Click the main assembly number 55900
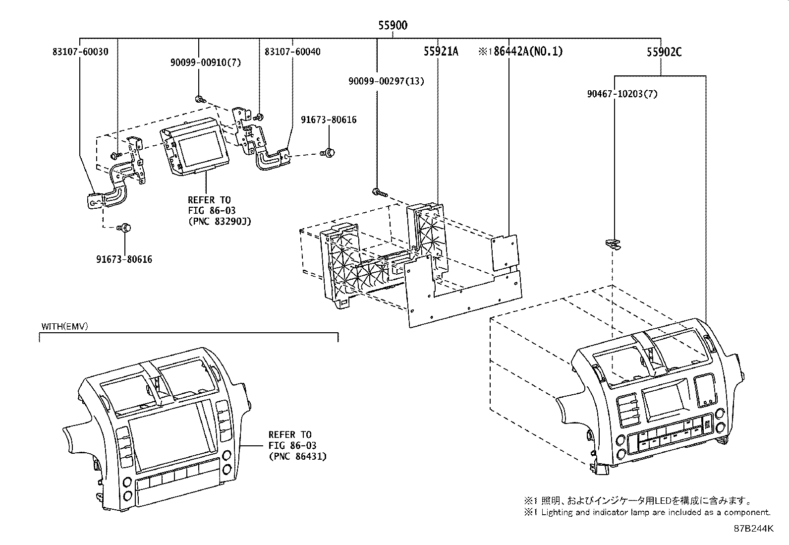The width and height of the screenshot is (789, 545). (393, 25)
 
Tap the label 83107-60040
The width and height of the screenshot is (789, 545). (292, 51)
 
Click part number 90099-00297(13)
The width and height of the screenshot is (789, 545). (386, 81)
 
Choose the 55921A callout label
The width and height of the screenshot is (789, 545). (441, 51)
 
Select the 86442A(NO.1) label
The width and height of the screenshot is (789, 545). (520, 51)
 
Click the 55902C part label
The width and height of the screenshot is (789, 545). (664, 51)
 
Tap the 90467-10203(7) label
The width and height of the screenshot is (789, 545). (622, 94)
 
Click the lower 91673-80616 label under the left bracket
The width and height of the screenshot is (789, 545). (124, 259)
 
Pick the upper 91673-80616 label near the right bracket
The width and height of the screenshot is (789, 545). (329, 120)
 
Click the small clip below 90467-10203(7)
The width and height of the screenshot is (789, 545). (614, 243)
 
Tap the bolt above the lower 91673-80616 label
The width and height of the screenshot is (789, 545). (124, 228)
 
